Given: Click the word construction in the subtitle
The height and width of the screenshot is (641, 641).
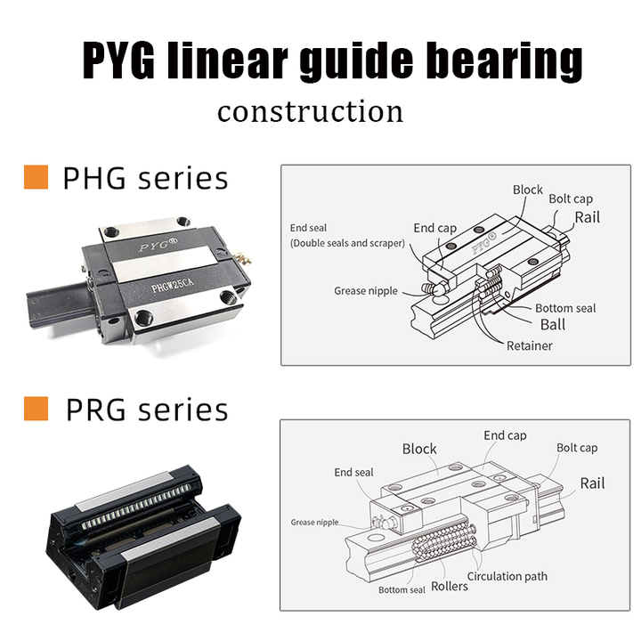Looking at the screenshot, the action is pos(310,112).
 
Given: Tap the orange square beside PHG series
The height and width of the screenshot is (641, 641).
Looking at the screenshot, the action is pos(35,176).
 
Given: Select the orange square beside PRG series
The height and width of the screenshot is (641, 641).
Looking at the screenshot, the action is pos(35,409).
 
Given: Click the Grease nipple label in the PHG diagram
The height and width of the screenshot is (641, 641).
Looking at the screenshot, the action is pos(361,290).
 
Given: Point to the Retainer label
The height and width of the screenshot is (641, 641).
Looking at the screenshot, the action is pos(529,345).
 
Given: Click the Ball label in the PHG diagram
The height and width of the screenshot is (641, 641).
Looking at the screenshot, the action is pos(552,325).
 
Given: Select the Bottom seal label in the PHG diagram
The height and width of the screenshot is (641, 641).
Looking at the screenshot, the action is pos(565,308).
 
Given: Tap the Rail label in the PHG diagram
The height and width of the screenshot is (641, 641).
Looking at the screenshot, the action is pos(587,216).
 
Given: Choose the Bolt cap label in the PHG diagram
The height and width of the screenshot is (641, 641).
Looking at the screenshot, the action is pos(570,199).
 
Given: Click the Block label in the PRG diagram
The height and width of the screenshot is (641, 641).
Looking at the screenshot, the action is pos(419,449).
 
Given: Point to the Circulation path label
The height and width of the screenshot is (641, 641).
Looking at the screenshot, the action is pos(507,576).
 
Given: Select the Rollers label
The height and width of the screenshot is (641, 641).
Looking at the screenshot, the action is pos(450,587).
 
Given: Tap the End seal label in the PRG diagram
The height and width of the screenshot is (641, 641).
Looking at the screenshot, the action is pos(353,472).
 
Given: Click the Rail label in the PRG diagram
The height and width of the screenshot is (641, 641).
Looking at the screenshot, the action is pos(592,483).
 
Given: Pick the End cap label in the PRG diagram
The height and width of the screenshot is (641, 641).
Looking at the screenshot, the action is pos(505,435).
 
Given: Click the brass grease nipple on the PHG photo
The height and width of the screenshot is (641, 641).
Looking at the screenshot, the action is pos(242,259).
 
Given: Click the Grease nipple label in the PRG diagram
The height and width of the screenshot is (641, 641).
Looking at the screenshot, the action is pos(314,523).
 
